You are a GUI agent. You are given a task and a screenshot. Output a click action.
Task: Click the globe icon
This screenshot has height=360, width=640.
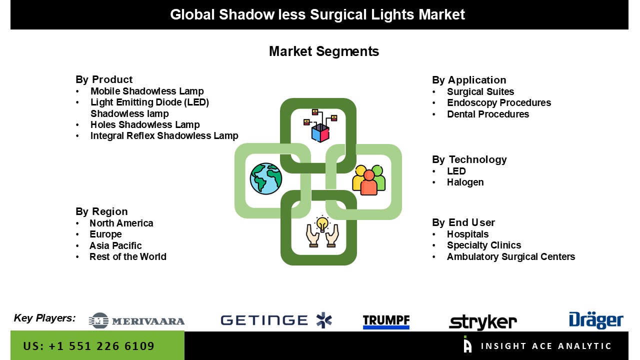(266, 178)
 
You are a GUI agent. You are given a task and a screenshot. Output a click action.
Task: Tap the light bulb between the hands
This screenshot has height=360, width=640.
(322, 223)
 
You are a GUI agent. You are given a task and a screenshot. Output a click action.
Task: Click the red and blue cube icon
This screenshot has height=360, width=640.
(320, 131)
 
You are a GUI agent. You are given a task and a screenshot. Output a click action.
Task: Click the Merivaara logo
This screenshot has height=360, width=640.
(137, 320)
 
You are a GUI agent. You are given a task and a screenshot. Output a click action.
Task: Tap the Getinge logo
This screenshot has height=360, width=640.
(276, 320)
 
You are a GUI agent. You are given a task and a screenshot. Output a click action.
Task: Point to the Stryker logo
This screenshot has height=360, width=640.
(483, 322)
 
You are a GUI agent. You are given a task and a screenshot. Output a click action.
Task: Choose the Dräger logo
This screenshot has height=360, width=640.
(596, 320)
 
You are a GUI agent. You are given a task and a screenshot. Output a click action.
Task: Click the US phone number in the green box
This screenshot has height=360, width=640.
(89, 346)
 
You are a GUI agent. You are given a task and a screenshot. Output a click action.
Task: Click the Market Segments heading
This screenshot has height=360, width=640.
(324, 51)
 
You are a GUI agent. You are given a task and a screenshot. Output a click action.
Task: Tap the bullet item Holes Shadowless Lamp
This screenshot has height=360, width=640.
(145, 124)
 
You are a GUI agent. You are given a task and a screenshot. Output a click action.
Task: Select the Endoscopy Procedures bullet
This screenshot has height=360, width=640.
(499, 102)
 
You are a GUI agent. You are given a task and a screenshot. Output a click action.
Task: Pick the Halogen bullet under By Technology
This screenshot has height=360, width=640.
(465, 182)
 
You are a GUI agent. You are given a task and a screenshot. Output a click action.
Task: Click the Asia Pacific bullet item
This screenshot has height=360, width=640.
(115, 245)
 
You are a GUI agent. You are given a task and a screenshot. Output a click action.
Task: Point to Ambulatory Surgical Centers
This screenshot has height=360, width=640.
(511, 256)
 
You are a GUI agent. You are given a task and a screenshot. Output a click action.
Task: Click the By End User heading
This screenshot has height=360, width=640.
(463, 222)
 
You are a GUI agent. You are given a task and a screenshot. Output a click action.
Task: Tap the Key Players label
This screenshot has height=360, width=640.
(44, 318)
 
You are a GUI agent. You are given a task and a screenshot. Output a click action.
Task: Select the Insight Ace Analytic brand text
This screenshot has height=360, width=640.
(546, 346)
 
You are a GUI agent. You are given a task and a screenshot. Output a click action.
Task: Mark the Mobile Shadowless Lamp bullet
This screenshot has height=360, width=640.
(147, 91)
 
